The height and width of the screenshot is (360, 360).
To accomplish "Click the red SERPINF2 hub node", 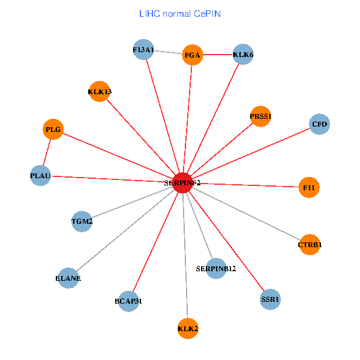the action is click(182, 182).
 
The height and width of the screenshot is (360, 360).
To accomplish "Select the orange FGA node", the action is click(193, 55).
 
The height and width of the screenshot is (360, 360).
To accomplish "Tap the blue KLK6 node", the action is click(243, 55).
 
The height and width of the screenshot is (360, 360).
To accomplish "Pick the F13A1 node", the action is click(144, 50).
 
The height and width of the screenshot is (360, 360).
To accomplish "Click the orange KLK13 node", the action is click(99, 92).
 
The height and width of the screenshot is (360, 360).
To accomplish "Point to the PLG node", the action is click(53, 129).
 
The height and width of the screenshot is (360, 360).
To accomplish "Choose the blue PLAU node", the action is click(40, 176).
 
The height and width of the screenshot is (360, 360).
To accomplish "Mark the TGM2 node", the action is click(82, 221).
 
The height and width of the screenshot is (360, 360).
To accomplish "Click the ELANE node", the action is click(69, 278).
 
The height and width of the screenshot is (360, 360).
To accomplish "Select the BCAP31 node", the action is click(128, 301).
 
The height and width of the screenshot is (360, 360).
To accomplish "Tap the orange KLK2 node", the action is click(188, 328).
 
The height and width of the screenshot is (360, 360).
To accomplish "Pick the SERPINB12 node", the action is click(216, 268).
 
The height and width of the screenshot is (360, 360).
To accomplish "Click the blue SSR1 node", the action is click(271, 299).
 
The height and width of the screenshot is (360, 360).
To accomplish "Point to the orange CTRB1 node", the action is click(310, 245).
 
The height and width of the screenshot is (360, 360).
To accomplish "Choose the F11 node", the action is click(309, 188).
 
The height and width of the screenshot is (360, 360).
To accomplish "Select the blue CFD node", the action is click(320, 125).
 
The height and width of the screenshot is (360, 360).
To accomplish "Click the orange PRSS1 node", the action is click(261, 116).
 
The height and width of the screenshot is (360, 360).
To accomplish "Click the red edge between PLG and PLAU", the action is click(47, 152).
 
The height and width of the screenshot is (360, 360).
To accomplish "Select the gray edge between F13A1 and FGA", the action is click(168, 53).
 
